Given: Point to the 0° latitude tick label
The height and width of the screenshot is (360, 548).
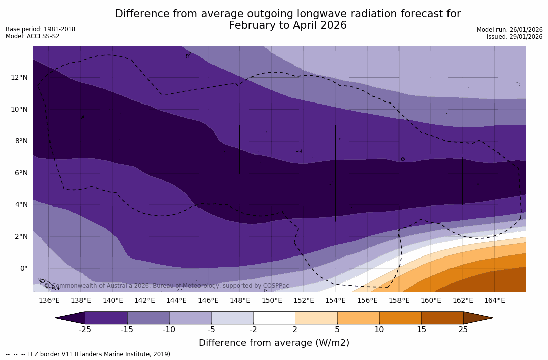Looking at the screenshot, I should (24, 268).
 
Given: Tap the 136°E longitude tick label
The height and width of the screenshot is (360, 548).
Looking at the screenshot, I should (49, 301).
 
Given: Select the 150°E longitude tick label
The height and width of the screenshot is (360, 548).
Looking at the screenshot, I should (272, 301).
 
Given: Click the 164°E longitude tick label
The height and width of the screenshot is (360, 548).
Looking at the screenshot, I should (494, 301).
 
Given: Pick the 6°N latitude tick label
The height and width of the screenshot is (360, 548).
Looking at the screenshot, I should (20, 173).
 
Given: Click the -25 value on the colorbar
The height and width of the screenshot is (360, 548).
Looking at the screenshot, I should (84, 330).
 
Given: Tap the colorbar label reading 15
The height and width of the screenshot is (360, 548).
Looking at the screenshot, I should (421, 330).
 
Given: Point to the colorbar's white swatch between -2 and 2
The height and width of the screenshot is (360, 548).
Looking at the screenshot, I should (274, 318).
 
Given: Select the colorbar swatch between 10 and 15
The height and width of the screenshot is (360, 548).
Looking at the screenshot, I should (400, 318).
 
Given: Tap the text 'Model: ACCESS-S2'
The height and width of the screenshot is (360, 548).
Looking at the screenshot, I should (32, 36).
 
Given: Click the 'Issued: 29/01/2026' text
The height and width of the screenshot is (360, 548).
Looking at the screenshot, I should (515, 37).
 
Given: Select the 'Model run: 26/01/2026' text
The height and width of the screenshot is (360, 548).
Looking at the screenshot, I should (510, 30).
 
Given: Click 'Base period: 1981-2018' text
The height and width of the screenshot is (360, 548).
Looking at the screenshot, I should (40, 29).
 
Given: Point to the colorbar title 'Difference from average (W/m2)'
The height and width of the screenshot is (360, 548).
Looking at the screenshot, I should (274, 343).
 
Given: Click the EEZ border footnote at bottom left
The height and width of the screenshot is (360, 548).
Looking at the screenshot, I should (89, 354).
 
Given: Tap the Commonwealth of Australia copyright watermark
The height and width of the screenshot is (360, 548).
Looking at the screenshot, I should (167, 286).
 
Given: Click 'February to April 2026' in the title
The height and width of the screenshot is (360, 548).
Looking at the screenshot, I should (287, 25).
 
